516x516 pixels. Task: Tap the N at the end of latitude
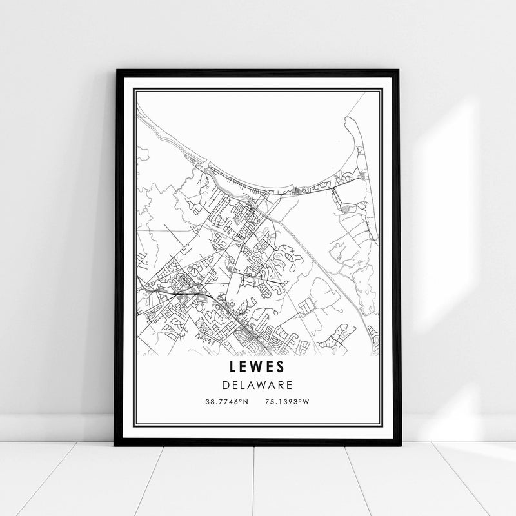(246, 401)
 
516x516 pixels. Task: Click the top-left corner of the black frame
(117, 69)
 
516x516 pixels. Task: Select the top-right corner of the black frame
(399, 69)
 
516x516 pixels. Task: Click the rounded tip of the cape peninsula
(349, 119)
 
